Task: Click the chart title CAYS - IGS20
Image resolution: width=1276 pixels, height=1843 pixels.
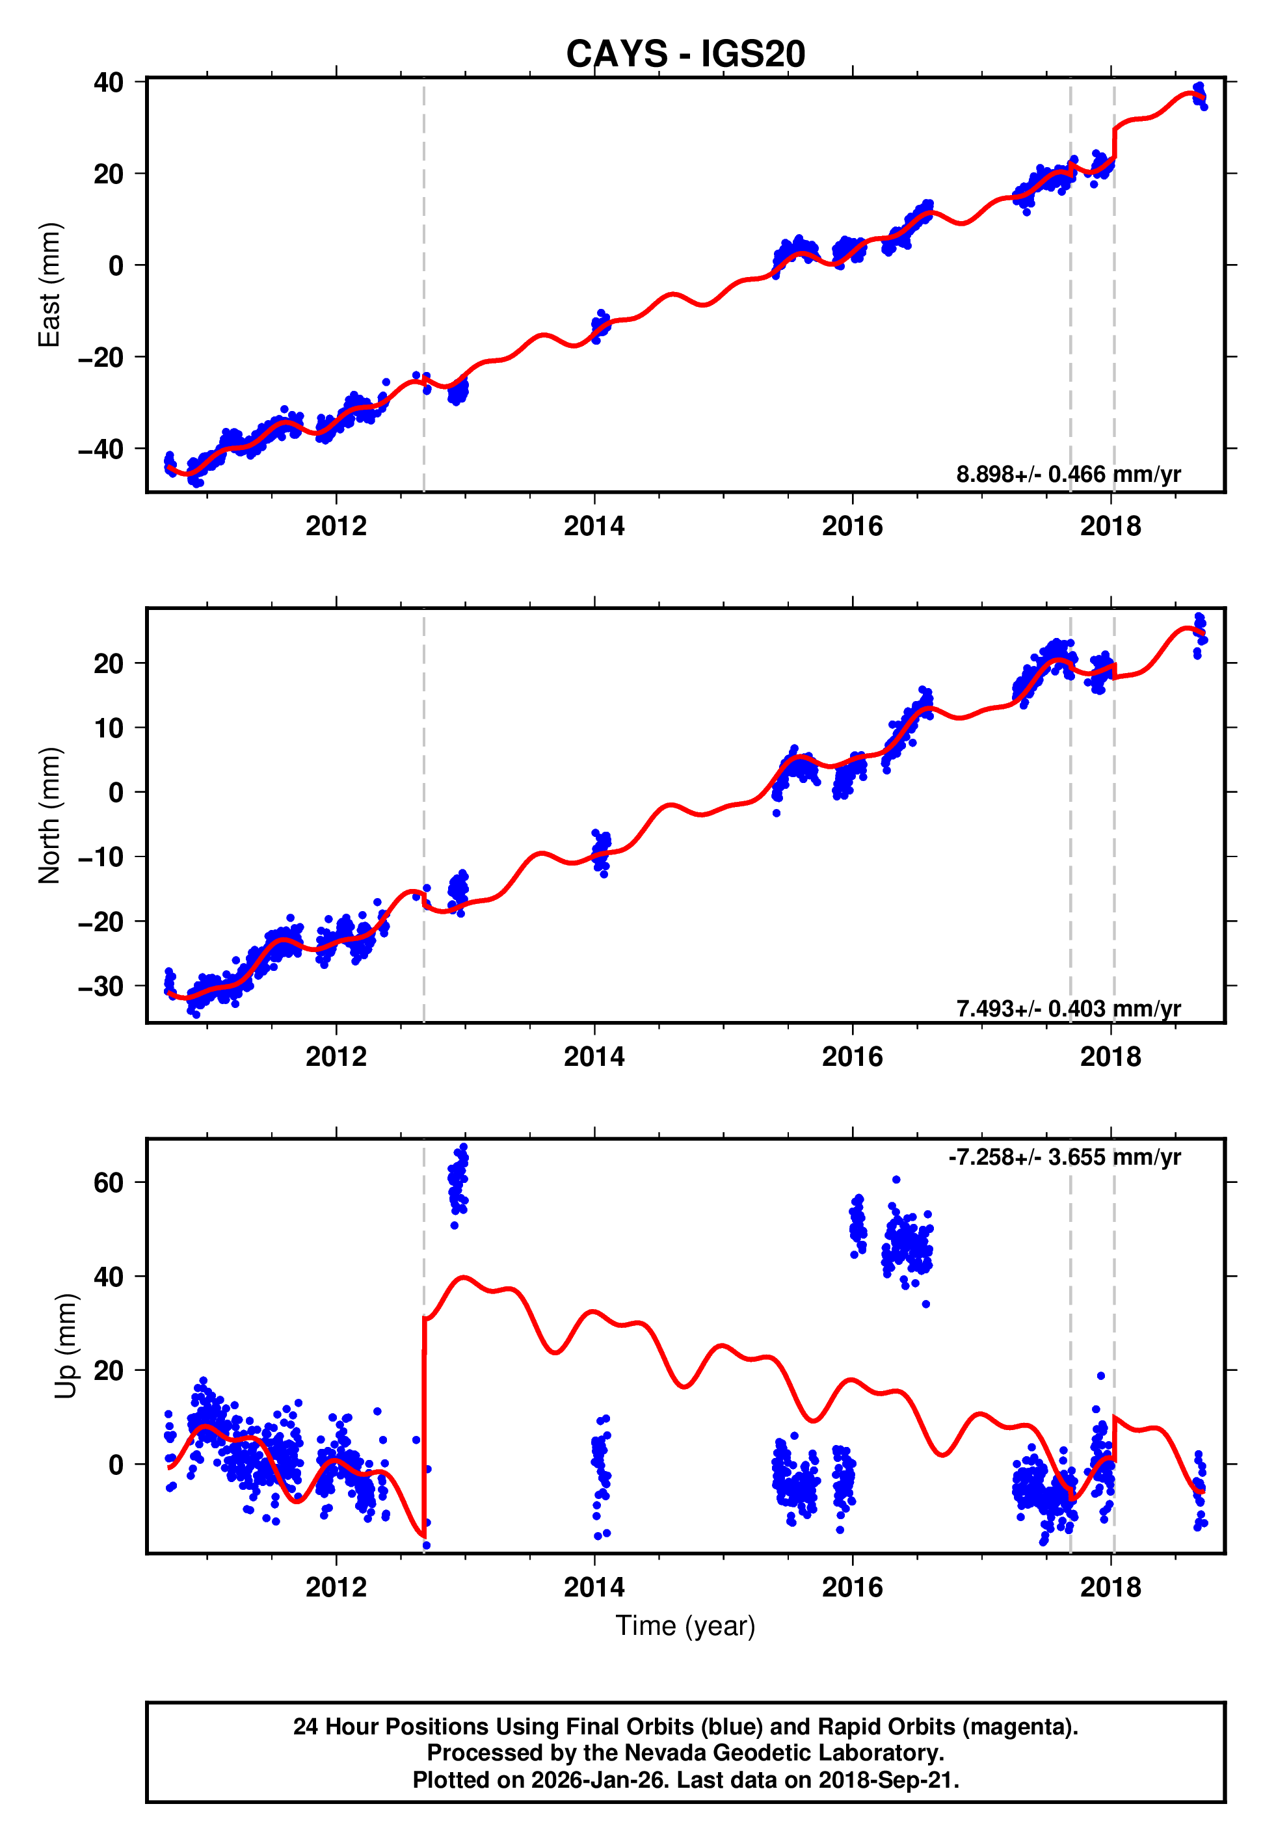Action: click(x=685, y=55)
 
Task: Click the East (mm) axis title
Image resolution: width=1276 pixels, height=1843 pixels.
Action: click(x=49, y=285)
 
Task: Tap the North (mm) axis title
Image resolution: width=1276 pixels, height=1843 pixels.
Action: click(x=49, y=815)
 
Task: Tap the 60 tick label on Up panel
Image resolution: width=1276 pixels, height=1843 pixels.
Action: click(x=109, y=1182)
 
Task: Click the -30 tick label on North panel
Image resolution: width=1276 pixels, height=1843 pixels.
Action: click(x=101, y=987)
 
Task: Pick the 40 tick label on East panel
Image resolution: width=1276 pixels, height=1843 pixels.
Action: click(x=109, y=83)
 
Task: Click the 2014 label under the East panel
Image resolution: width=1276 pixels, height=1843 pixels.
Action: click(x=594, y=526)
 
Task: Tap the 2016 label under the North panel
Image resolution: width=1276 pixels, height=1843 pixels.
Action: click(x=852, y=1057)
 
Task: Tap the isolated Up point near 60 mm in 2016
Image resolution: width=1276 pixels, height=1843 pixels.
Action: click(x=896, y=1180)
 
